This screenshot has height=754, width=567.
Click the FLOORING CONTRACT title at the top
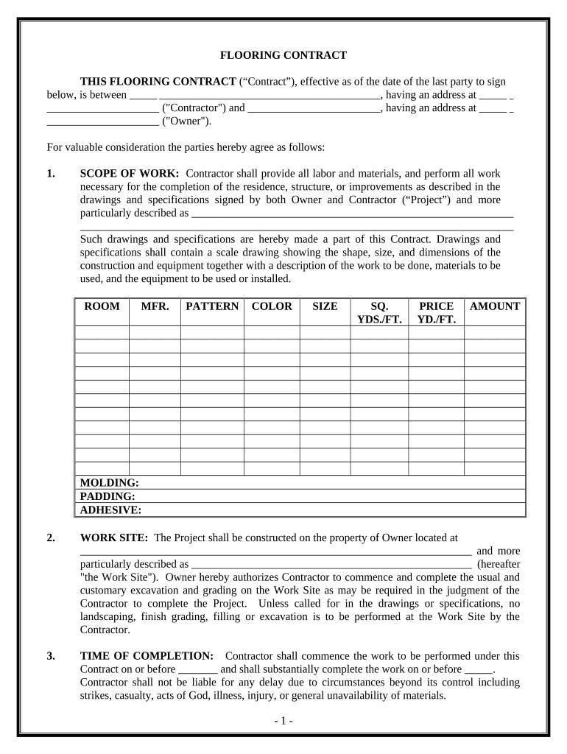(283, 55)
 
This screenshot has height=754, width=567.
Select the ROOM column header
(102, 306)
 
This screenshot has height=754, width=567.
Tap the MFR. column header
(155, 306)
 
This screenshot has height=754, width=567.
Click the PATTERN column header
(212, 306)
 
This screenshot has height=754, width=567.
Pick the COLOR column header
(272, 306)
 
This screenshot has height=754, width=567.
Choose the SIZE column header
(325, 306)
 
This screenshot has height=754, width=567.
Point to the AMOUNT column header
(495, 306)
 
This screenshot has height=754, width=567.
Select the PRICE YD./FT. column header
(437, 313)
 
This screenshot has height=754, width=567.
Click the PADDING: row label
(108, 496)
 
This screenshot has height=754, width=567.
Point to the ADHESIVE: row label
(110, 510)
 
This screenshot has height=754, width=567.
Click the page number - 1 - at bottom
(283, 721)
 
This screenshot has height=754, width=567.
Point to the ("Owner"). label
(186, 121)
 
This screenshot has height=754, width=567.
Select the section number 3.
(51, 655)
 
